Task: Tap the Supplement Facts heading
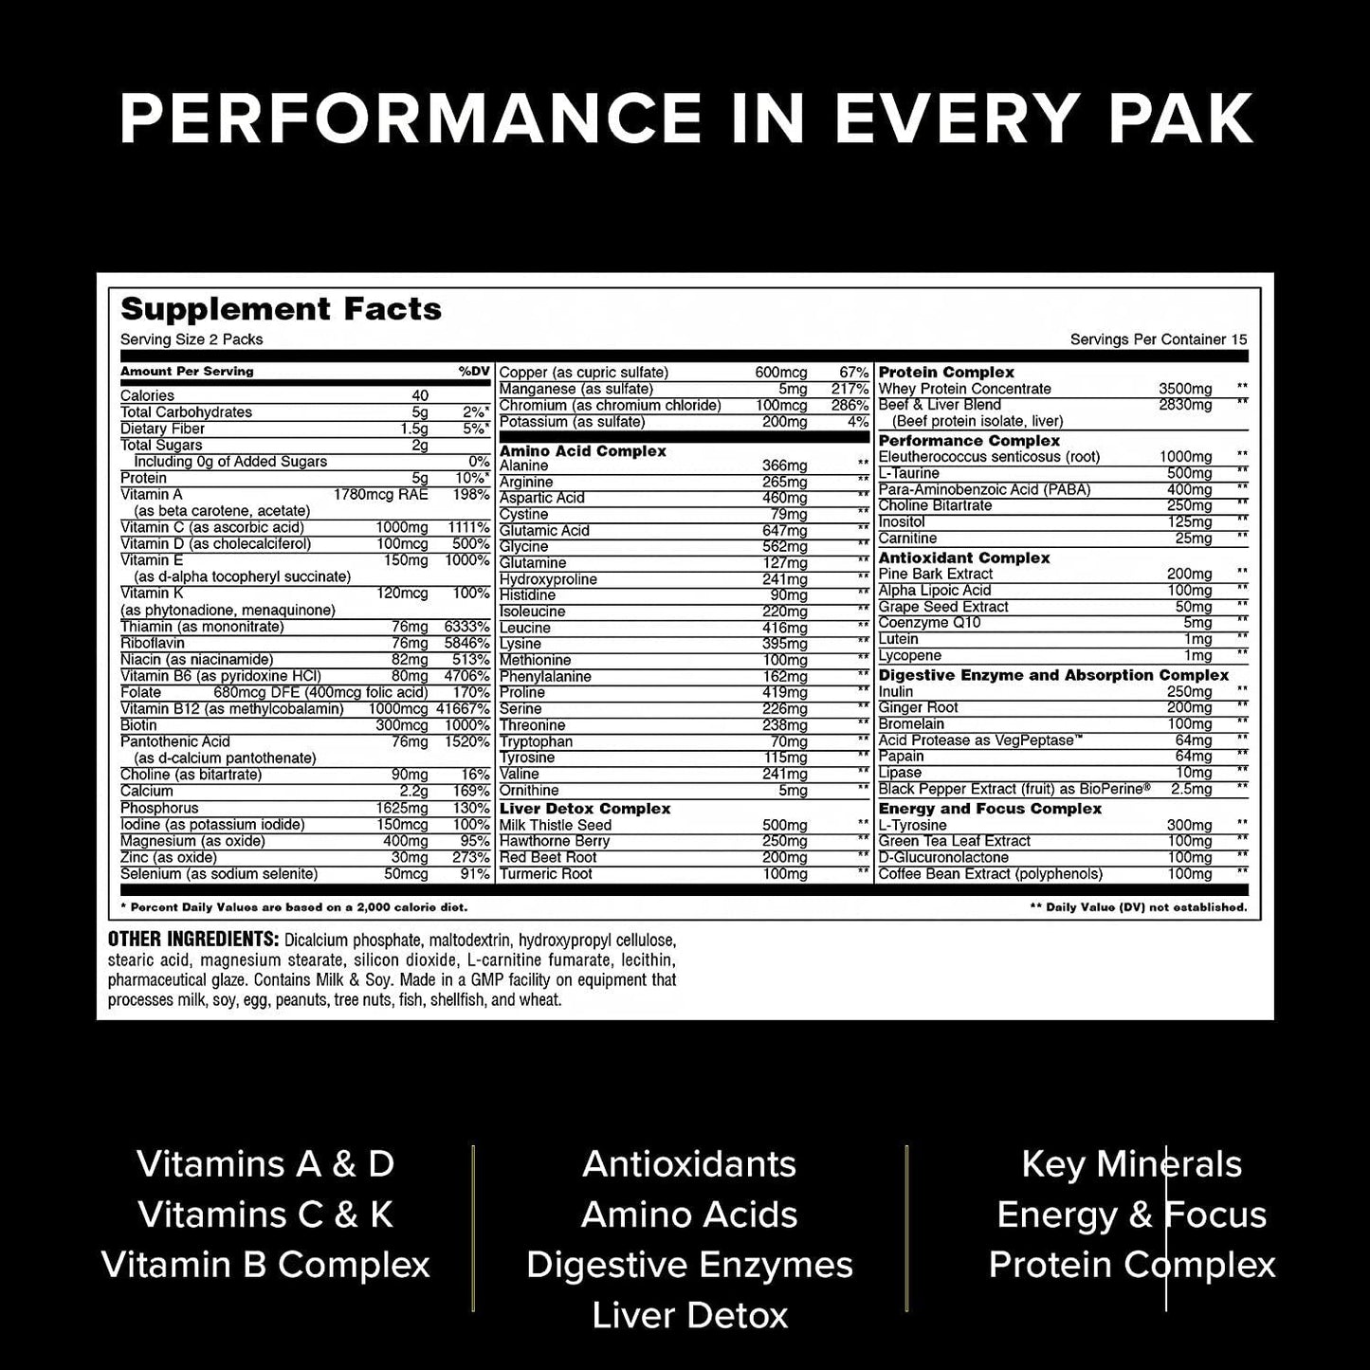281,309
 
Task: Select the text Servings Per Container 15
1159,339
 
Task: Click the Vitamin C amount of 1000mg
403,528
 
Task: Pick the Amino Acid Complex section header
582,451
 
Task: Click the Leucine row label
525,628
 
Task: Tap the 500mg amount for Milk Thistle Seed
784,826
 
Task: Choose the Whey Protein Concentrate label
964,389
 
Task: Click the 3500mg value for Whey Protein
1185,389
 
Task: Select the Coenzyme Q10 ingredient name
929,623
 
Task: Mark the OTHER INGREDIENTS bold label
192,940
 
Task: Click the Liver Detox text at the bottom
689,1315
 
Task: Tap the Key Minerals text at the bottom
1131,1164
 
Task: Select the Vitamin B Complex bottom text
265,1265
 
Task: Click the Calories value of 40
420,396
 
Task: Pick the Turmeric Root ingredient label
545,874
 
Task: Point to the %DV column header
473,372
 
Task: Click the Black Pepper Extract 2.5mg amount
1191,790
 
